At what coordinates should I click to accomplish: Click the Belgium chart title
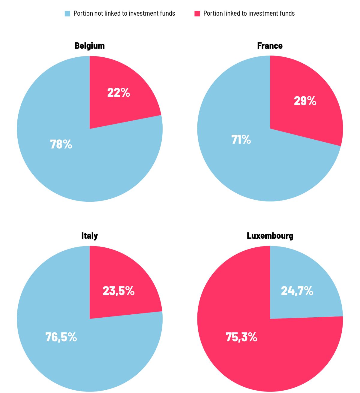(89, 46)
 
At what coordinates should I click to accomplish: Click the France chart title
(270, 46)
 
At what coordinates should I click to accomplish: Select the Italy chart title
(89, 236)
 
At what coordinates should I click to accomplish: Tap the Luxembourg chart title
(270, 236)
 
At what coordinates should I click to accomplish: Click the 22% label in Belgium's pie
(118, 92)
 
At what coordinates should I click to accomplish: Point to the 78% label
(61, 144)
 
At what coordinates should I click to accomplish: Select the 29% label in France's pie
(305, 101)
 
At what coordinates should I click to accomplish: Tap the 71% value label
(241, 139)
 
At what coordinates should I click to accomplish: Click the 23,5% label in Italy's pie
(118, 291)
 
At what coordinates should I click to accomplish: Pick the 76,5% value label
(61, 337)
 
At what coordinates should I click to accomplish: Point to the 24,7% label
(297, 291)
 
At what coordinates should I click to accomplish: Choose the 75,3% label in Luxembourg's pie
(241, 337)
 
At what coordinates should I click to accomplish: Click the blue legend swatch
(67, 14)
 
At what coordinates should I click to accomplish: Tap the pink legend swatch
(197, 14)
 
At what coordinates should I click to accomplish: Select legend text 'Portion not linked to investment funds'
(124, 14)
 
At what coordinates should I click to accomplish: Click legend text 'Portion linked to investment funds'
(249, 14)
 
